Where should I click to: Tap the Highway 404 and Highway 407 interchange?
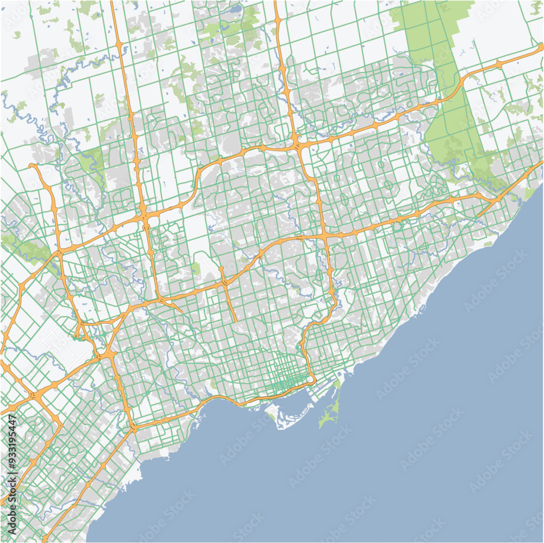[296, 144]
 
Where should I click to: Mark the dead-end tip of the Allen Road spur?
[234, 320]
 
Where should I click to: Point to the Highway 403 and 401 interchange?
[34, 396]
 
